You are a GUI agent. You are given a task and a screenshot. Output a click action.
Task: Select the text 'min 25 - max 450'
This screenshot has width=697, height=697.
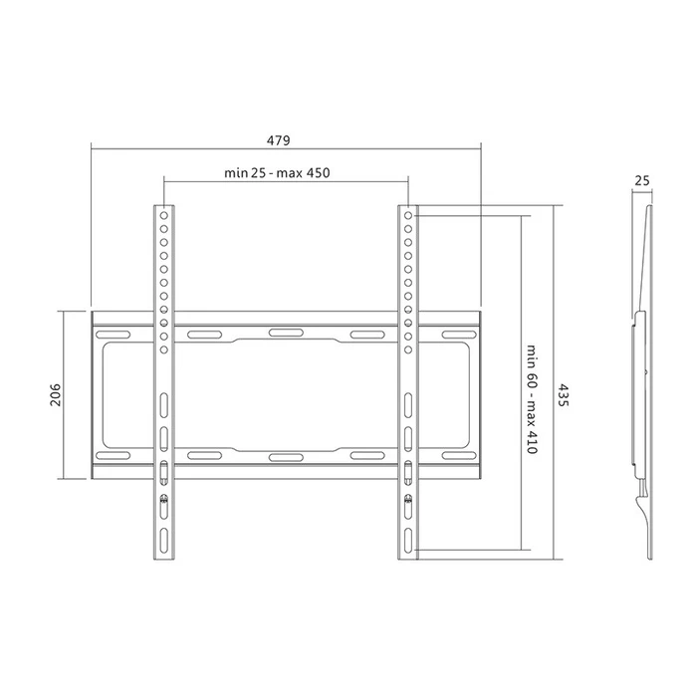pos(277,173)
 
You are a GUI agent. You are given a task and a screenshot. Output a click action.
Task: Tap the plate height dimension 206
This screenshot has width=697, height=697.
pos(56,395)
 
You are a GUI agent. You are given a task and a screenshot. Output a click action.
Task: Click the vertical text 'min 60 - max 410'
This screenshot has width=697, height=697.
pos(533,398)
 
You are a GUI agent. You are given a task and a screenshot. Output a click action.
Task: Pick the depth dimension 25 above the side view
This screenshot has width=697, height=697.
pos(641,181)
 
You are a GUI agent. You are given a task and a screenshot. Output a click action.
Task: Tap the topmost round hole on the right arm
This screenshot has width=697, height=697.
pos(408,213)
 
